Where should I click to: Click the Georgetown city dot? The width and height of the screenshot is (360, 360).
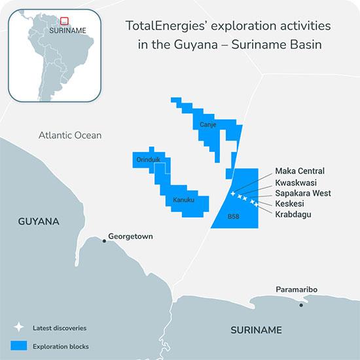(104, 241)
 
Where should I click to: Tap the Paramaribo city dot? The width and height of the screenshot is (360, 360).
(301, 304)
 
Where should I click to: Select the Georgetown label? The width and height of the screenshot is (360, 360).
(130, 236)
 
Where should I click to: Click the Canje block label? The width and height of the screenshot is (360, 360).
(208, 124)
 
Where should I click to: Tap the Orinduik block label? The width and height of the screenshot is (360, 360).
(148, 160)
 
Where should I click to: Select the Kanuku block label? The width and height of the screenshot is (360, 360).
(183, 201)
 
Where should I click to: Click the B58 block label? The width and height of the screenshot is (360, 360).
(234, 216)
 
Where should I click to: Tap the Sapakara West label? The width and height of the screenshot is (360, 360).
(303, 193)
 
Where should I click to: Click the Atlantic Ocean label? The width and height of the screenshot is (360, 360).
(70, 135)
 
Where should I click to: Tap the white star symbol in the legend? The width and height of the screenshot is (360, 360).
(19, 327)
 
